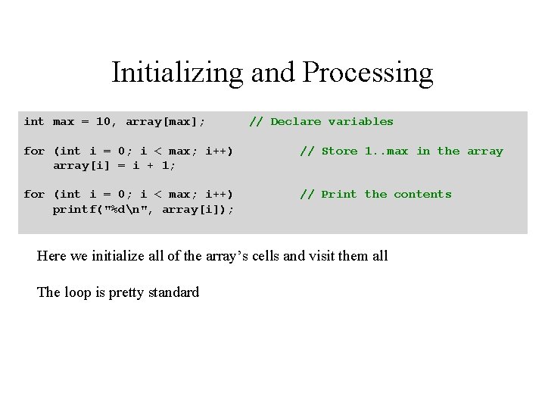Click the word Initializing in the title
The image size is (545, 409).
(x=177, y=73)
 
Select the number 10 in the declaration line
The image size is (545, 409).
(x=106, y=121)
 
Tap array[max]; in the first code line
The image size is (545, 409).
(x=165, y=121)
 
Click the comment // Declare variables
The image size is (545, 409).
(x=321, y=121)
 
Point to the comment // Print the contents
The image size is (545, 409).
(x=375, y=194)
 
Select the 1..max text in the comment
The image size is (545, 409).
(x=386, y=151)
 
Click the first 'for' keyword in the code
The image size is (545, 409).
(x=34, y=151)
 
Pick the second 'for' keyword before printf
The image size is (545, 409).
(x=34, y=194)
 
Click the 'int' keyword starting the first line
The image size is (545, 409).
(x=34, y=121)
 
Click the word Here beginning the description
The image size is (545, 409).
(x=51, y=256)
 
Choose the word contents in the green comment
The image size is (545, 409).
(x=422, y=194)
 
